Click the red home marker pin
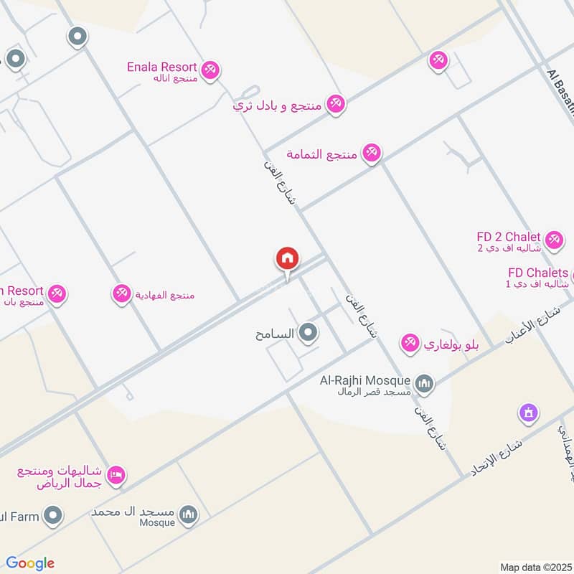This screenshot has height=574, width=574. pyautogui.click(x=288, y=258)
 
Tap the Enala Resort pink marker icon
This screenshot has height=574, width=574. pyautogui.click(x=210, y=70)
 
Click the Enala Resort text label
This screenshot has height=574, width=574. pyautogui.click(x=161, y=67)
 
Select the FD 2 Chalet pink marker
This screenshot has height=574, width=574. pyautogui.click(x=553, y=240)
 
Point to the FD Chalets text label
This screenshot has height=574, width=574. pyautogui.click(x=537, y=273)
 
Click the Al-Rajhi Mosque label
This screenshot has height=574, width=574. pyautogui.click(x=365, y=380)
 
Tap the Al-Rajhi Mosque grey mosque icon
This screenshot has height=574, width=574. pyautogui.click(x=425, y=385)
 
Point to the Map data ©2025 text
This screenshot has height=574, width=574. pyautogui.click(x=536, y=567)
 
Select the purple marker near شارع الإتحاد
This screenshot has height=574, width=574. pyautogui.click(x=528, y=413)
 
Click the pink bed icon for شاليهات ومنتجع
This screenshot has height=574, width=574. pyautogui.click(x=116, y=474)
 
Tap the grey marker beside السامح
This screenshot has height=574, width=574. pyautogui.click(x=309, y=332)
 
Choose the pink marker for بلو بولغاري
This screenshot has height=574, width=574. pyautogui.click(x=410, y=344)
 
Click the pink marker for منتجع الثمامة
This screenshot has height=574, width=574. pyautogui.click(x=371, y=153)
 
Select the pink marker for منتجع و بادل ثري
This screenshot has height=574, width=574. pyautogui.click(x=334, y=105)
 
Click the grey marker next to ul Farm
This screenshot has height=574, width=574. pyautogui.click(x=52, y=514)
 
